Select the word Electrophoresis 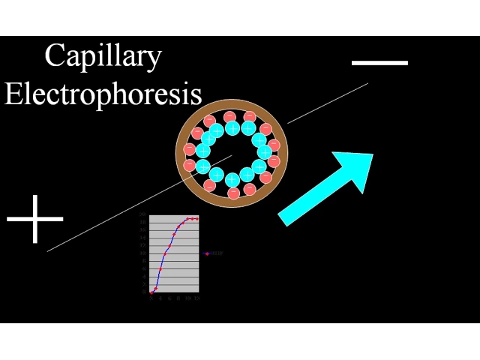(x=103, y=94)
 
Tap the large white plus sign (x=35, y=219)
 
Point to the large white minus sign (x=379, y=63)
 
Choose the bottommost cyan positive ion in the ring (x=232, y=179)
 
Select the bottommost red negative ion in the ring (x=233, y=193)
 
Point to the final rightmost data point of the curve (x=196, y=218)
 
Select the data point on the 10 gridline (x=165, y=253)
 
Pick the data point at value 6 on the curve (x=160, y=268)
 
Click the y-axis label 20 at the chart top (x=142, y=215)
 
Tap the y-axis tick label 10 (x=142, y=253)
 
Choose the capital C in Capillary (x=55, y=55)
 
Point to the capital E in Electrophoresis (x=14, y=94)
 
